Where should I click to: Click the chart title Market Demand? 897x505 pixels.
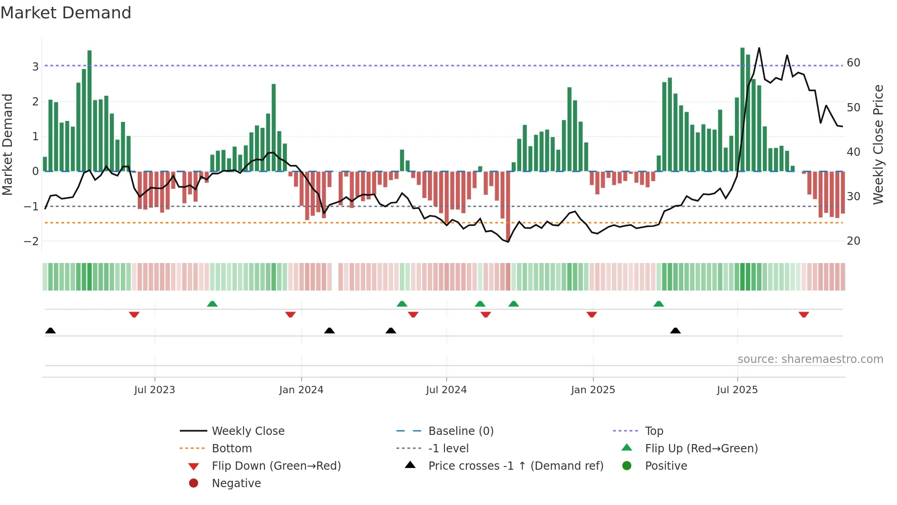[x=66, y=13]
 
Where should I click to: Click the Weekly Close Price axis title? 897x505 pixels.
[x=878, y=144]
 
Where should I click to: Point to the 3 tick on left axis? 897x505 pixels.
[x=35, y=66]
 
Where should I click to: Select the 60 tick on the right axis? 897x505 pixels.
[x=854, y=63]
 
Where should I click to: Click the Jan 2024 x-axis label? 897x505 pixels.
[x=301, y=390]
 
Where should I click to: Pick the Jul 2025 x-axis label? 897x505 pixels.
[x=737, y=390]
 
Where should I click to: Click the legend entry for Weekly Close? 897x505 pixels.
[x=248, y=431]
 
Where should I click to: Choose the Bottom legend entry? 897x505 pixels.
[x=232, y=449]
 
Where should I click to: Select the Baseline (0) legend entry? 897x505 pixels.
[x=461, y=431]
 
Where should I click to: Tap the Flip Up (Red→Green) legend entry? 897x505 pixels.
[x=701, y=449]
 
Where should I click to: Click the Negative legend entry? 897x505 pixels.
[x=236, y=483]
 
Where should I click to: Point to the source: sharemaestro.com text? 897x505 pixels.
[x=810, y=359]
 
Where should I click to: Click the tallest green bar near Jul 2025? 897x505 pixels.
[x=742, y=110]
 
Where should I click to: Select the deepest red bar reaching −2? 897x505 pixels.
[x=508, y=206]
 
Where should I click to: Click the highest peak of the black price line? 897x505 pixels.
[x=759, y=48]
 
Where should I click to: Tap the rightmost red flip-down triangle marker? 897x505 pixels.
[x=804, y=314]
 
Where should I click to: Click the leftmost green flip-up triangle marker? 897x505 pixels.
[x=212, y=304]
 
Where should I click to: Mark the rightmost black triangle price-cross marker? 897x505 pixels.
[x=675, y=330]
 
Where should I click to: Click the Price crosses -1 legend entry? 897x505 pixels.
[x=516, y=466]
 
